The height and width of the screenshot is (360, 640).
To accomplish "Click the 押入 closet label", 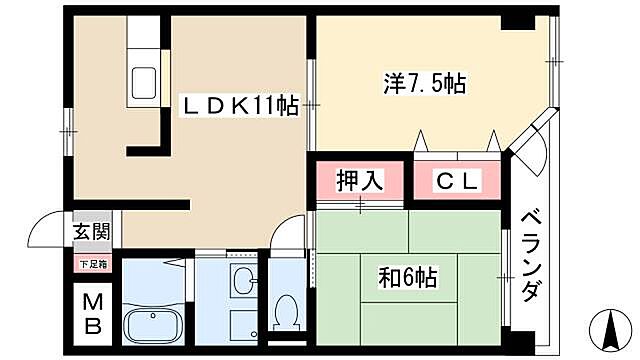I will [359, 181].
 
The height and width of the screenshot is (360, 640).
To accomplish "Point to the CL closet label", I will [457, 181].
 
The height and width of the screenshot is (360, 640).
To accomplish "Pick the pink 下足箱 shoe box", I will [90, 265].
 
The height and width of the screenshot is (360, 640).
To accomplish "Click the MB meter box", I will [90, 312].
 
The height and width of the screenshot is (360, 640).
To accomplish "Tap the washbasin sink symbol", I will [242, 281].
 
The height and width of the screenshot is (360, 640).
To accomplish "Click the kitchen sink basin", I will [142, 81].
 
